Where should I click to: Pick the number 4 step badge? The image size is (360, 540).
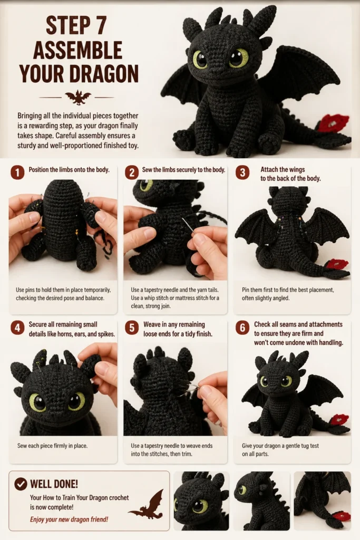coord(17,328)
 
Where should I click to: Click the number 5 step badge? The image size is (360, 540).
coord(131,328)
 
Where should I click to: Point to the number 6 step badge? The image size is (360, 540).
coord(242,328)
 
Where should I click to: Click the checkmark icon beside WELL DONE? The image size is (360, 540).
coord(21,484)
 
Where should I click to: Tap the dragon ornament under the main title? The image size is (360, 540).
coord(78,97)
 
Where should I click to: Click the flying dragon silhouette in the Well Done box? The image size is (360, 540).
coord(147,505)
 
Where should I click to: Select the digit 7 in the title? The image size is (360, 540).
coord(100,25)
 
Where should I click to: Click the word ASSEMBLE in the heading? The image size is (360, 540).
coord(78,50)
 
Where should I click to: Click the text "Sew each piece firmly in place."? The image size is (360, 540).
coord(52,446)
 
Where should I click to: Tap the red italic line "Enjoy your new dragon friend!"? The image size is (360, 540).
coord(69,519)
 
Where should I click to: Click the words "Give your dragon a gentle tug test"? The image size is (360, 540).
coord(280,446)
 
